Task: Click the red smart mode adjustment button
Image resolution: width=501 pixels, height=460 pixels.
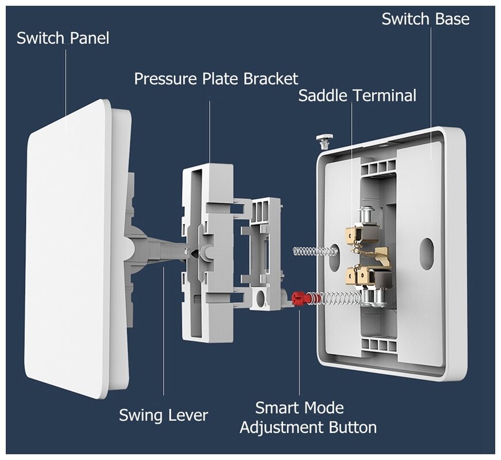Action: [299, 298]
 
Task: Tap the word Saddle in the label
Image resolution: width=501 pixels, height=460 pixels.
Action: [322, 96]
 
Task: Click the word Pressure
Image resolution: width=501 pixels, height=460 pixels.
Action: [166, 79]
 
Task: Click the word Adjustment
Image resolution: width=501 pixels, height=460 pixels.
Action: [282, 428]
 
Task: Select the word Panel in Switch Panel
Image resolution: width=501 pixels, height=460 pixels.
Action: [89, 39]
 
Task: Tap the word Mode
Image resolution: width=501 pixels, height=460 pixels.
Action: [324, 408]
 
